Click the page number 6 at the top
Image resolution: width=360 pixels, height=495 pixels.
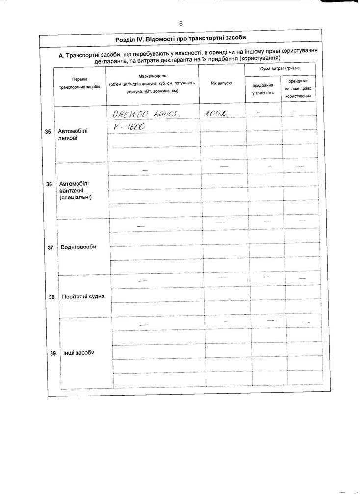click(180, 23)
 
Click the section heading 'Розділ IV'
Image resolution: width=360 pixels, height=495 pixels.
click(180, 38)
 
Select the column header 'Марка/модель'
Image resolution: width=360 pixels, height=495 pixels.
click(153, 77)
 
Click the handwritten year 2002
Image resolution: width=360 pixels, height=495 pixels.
click(216, 113)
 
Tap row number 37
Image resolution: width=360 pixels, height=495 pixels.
click(51, 248)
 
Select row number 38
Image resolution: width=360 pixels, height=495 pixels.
click(51, 297)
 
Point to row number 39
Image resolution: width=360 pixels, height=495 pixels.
click(53, 353)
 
